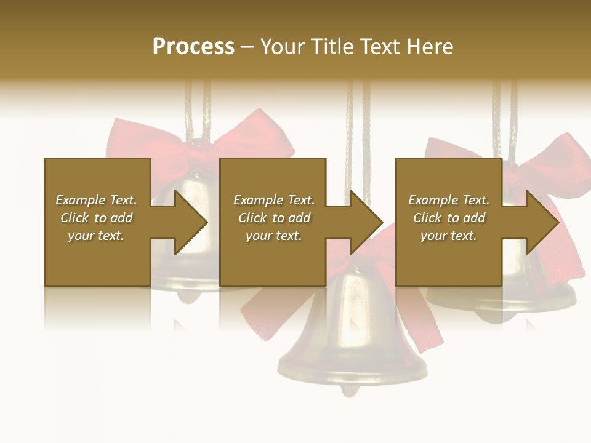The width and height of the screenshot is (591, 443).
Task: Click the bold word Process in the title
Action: click(193, 47)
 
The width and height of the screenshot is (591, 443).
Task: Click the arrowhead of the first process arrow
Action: click(191, 222)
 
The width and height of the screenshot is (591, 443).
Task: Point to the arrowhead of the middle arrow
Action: click(367, 222)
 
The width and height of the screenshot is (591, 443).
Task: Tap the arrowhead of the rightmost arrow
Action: click(542, 222)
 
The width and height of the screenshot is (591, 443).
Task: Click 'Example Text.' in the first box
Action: click(97, 200)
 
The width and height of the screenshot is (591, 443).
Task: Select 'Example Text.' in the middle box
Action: click(274, 200)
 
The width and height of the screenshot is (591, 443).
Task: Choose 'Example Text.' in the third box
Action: click(449, 200)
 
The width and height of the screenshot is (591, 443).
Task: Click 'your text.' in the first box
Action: click(97, 236)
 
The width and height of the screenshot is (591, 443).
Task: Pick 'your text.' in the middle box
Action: click(274, 236)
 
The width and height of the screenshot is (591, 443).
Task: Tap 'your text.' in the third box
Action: click(449, 236)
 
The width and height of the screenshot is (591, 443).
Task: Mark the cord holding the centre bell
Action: click(358, 135)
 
